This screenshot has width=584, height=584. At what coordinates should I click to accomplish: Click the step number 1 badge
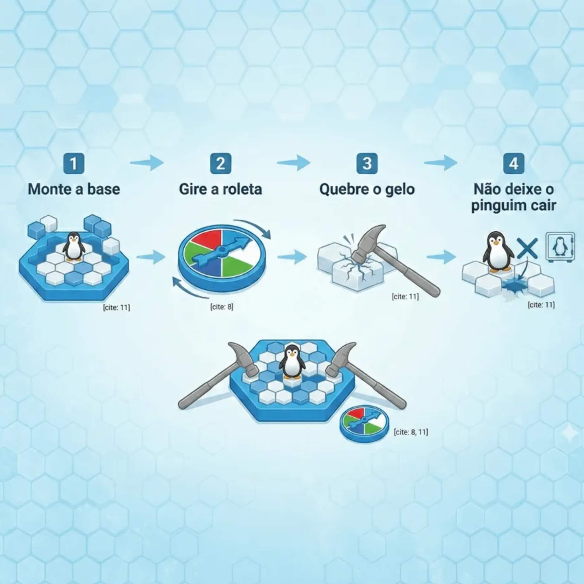(74, 164)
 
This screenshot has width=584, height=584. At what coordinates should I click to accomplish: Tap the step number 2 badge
(220, 164)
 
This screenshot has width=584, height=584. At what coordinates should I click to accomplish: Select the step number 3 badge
(367, 164)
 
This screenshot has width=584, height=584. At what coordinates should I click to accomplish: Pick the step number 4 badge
(514, 164)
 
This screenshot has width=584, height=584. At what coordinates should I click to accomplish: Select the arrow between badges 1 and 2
(147, 163)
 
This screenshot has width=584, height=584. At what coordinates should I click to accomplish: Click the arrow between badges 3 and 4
(440, 163)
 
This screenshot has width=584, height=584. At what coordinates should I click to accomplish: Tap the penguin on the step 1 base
(73, 246)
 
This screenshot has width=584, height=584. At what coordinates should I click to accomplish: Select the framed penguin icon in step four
(560, 246)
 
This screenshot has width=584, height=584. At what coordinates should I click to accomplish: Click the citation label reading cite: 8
(222, 307)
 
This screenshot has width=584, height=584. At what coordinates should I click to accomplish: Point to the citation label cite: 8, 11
(411, 432)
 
